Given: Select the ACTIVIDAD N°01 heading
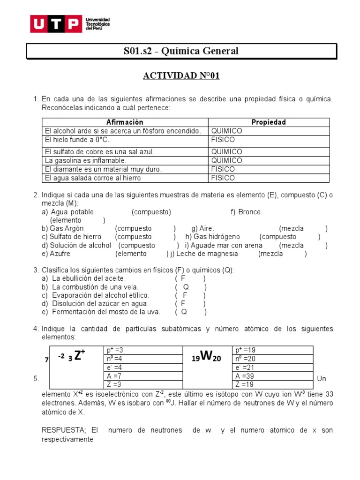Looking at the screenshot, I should [181, 76].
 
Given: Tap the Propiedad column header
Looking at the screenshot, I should [269, 122].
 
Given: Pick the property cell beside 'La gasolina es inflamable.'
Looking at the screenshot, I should [226, 160].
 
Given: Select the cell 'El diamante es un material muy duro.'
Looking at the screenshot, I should [103, 169].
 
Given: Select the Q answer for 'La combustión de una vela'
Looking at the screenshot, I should [186, 287].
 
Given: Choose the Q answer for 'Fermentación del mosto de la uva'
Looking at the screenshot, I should [184, 312].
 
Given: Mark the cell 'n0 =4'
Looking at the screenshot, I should [115, 359].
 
